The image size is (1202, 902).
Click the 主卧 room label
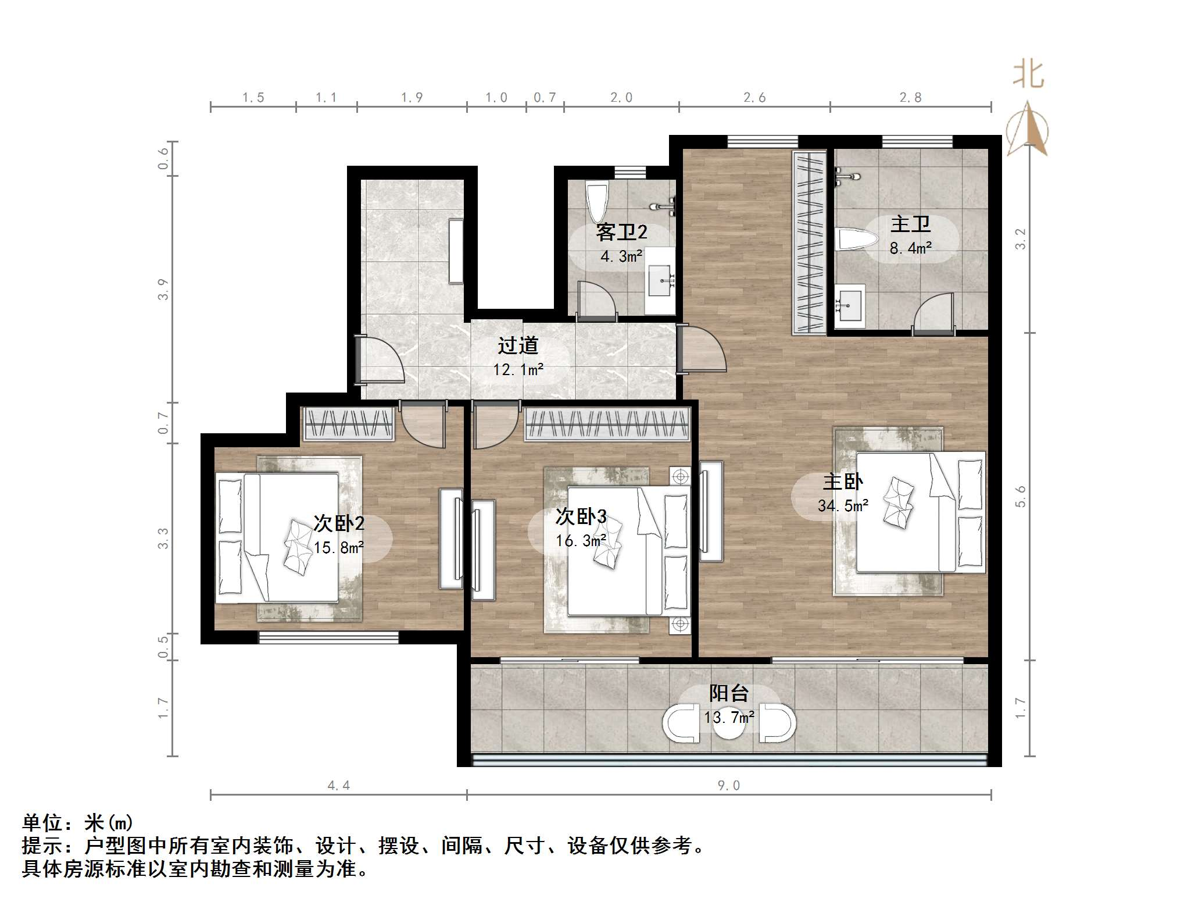(843, 482)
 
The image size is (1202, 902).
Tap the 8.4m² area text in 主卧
(910, 248)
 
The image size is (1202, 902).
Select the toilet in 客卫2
(597, 201)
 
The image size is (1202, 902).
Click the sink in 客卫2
(660, 281)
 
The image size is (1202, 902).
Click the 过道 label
(518, 345)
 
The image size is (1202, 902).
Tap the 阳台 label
(728, 693)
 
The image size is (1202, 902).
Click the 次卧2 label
(339, 523)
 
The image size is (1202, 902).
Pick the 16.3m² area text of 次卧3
(581, 541)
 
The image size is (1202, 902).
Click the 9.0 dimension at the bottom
(728, 786)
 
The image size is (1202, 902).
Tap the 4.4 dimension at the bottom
(339, 786)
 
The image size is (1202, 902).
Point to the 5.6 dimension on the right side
(1021, 496)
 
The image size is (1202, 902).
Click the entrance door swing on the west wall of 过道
(381, 361)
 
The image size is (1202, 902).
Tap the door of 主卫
(933, 314)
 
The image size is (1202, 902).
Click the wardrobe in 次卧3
(606, 423)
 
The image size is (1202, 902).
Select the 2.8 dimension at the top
(910, 98)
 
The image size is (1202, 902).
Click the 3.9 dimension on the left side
(163, 289)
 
